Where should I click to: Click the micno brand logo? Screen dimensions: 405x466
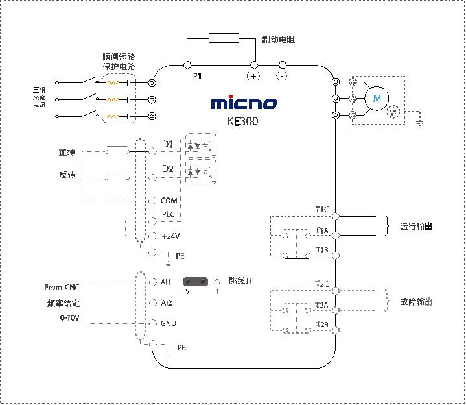(244, 103)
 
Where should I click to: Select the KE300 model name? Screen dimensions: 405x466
(243, 121)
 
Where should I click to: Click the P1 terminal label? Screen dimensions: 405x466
(198, 77)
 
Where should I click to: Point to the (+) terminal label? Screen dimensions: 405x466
(253, 77)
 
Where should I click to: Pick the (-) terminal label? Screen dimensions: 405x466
(282, 77)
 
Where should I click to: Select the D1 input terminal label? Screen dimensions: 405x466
(167, 143)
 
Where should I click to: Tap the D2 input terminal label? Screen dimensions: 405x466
(167, 169)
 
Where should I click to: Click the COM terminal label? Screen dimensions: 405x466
(169, 201)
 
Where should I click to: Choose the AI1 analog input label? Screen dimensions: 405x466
(166, 283)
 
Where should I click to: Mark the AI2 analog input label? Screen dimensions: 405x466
(166, 302)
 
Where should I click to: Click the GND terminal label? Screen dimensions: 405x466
(168, 323)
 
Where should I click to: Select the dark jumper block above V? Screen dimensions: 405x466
(196, 282)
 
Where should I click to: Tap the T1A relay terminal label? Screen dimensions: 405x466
(322, 230)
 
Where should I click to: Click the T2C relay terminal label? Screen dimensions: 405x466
(322, 284)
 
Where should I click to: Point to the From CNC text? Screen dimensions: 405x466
(62, 287)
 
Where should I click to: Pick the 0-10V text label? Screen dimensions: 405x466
(71, 318)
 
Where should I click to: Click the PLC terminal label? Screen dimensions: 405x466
(168, 214)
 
